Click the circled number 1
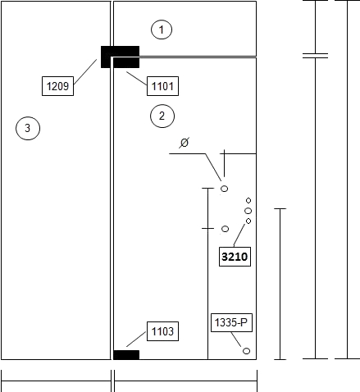coord(162,30)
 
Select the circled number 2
coord(162,116)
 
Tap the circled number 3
coord(28,128)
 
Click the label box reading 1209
coord(57,86)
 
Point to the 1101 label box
coord(162,86)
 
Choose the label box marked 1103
coord(162,331)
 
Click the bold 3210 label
coord(235,257)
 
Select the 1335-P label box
coord(231,322)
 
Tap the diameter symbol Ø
coord(185,143)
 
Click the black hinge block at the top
coord(120,57)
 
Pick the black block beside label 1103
coord(126,355)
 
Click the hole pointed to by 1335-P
coord(246,351)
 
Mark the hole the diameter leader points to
coord(224,189)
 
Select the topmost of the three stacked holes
coord(248,201)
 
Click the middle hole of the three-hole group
coord(248,211)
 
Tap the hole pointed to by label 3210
coord(248,221)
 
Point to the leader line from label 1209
coord(85,71)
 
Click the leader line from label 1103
coord(136,339)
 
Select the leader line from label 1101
coord(137,79)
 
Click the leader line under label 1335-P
coord(236,340)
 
